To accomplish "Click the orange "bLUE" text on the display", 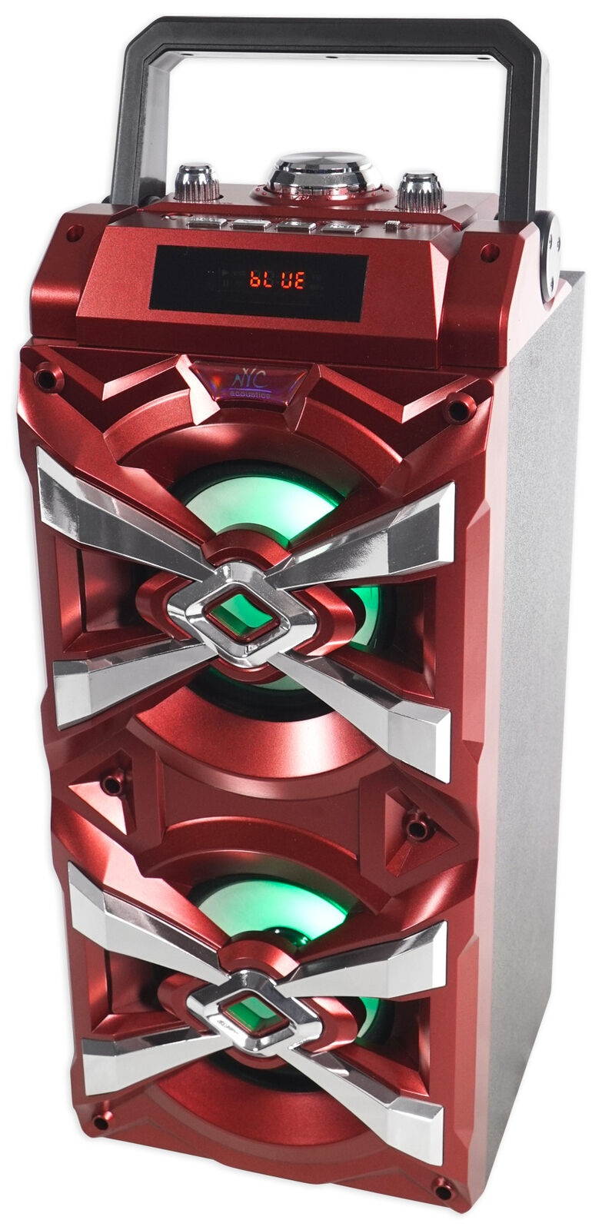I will tap(274, 278).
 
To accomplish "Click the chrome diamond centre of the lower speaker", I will tap(254, 1012).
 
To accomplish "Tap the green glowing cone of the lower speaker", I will tap(269, 915).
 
